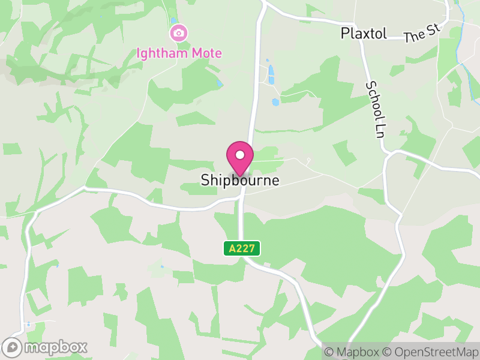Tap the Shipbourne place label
tap(240, 180)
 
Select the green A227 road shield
tap(243, 248)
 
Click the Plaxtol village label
tap(365, 33)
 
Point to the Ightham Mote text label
tap(179, 53)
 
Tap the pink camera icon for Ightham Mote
tap(178, 32)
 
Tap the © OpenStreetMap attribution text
tap(431, 352)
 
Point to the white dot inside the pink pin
tap(240, 155)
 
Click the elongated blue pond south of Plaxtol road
tap(271, 74)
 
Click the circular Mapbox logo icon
tap(13, 347)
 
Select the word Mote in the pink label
tap(207, 53)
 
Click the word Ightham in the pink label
tap(163, 53)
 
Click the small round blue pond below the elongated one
tap(275, 102)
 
